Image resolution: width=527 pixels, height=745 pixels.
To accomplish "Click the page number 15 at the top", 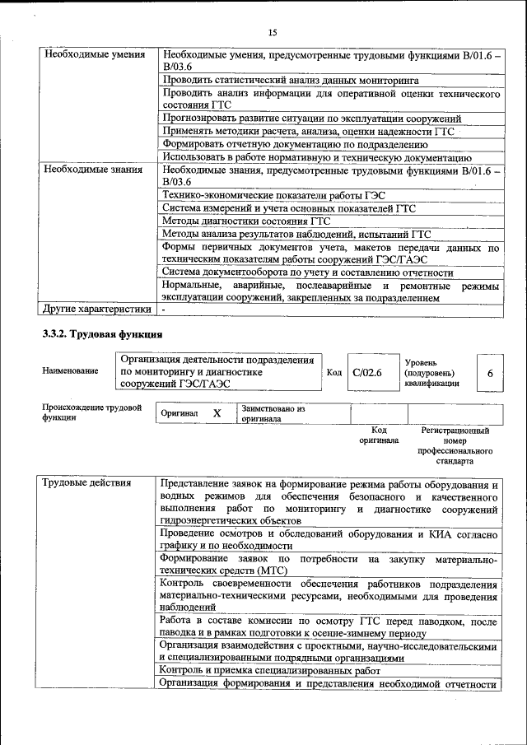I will tap(272, 32).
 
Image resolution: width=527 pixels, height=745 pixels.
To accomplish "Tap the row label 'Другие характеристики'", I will tap(97, 310).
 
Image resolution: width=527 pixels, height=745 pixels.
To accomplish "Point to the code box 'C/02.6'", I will tap(367, 373).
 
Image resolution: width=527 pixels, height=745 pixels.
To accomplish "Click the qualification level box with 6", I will tap(490, 373).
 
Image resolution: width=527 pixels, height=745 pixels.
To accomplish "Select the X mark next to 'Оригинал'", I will tap(217, 413).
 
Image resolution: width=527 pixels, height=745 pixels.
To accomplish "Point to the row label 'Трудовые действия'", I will tap(86, 483).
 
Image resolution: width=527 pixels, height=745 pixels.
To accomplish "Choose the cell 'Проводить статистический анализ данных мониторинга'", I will tap(291, 81).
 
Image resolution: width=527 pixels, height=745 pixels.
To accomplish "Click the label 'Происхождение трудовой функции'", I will tap(91, 412).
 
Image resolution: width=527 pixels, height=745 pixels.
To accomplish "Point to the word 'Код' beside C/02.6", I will tap(334, 373).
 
